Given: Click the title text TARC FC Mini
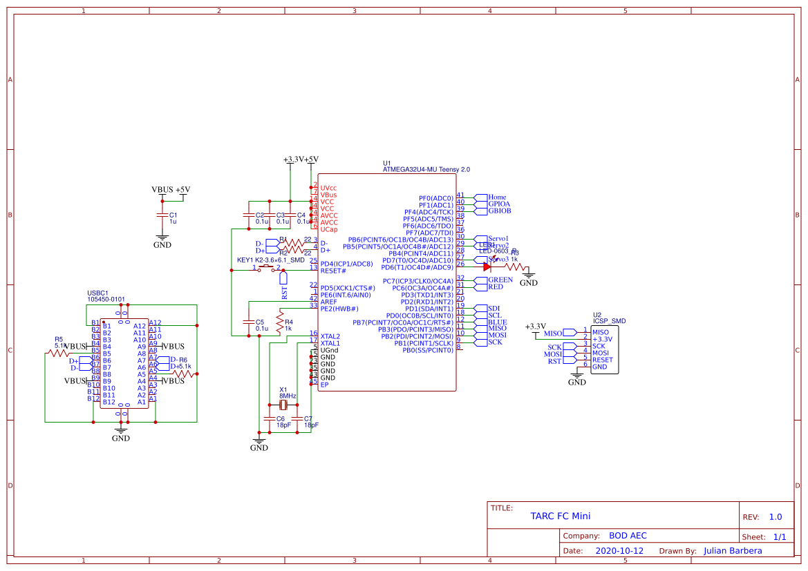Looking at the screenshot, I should coord(560,516).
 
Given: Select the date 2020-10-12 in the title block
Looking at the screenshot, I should coord(619,551).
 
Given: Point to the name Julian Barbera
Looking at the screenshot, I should coord(733,551).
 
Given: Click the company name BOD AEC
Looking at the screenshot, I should coord(628,536).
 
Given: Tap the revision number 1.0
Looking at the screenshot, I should coord(775,517).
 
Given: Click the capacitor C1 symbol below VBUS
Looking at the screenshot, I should coord(162,215).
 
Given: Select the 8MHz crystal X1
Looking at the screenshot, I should coord(283,405).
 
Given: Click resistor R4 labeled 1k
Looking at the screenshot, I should coord(280,322).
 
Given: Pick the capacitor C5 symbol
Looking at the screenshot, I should coord(248,322).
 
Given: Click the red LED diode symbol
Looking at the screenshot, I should coord(487,267).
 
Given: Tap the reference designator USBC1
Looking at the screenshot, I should coord(97,293).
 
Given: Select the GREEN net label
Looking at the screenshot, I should coord(500,280).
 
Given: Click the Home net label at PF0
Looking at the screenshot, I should coord(497,197).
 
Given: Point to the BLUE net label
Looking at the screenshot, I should coord(497,322).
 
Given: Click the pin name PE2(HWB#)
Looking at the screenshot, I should coord(339,309).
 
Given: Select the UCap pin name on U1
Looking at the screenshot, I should coord(329,229).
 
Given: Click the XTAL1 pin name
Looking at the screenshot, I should coord(330,343).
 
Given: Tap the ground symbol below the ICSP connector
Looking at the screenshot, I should coord(576,378).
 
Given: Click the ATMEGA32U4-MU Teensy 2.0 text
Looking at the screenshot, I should coord(426,169).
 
